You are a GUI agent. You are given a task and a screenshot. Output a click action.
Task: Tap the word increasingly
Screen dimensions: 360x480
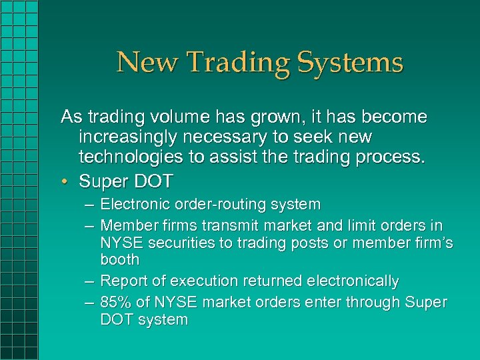tap(129, 138)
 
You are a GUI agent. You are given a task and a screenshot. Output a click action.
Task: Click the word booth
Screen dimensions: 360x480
tap(120, 260)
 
